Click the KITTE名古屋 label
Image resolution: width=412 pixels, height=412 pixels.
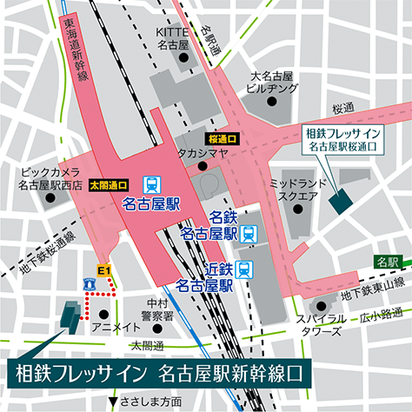171,37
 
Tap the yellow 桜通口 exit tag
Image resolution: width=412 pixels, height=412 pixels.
223,138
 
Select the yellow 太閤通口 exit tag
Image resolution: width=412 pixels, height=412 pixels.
110,184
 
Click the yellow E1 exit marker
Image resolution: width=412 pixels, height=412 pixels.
104,270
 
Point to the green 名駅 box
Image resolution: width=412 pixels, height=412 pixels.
386,261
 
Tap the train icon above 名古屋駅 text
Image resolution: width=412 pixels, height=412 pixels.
151,184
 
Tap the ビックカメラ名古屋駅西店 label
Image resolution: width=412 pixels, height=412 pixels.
50,178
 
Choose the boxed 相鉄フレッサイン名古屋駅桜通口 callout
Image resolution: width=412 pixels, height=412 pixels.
342,141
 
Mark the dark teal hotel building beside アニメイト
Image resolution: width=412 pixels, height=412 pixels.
70,315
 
